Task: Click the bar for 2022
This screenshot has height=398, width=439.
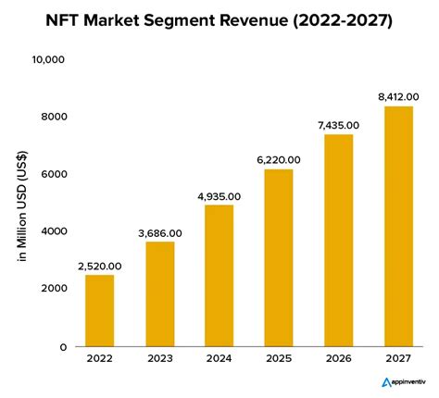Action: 101,310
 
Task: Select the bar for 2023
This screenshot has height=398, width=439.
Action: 160,293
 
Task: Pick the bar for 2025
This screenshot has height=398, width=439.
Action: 279,257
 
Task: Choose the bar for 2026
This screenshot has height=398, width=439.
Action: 338,240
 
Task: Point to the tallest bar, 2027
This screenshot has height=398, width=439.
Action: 396,226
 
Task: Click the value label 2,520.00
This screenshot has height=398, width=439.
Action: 101,266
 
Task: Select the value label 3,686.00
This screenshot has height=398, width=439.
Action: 160,232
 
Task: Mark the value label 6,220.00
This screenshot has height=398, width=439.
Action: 279,159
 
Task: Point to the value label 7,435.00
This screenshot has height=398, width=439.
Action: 338,125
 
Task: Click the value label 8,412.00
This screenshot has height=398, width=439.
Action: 396,96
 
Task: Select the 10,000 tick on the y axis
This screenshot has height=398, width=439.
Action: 48,60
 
